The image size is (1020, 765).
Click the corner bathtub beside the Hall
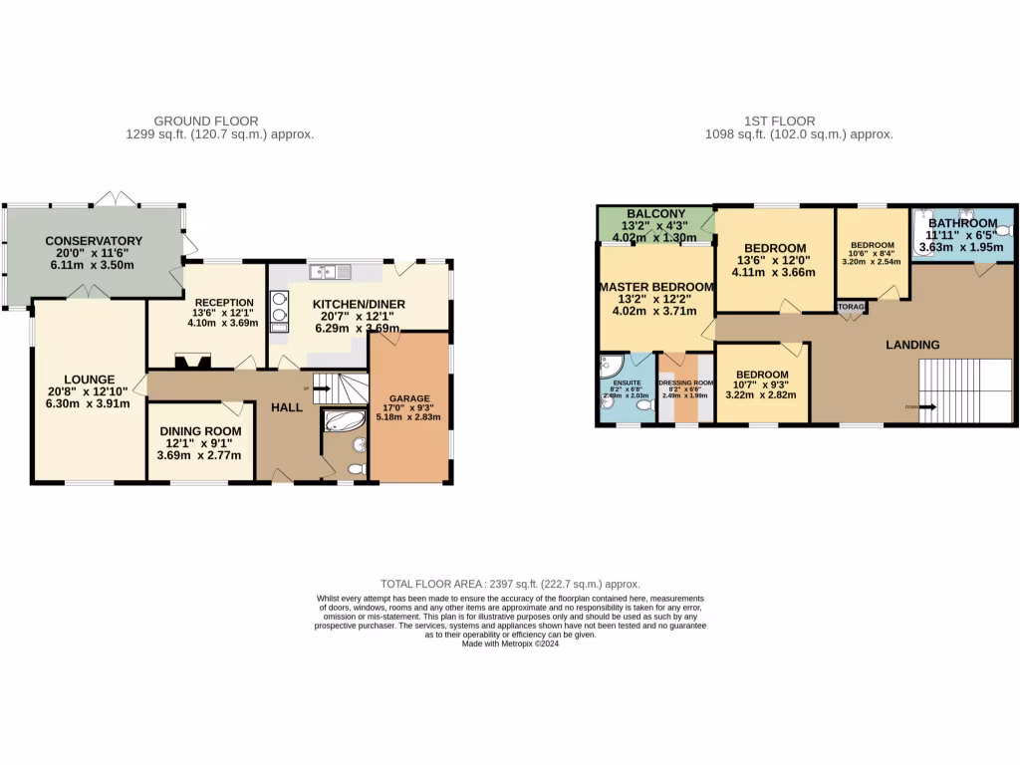[x=344, y=420]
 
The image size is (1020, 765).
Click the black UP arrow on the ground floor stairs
[x=321, y=389]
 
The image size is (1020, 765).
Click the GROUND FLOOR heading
[x=220, y=122]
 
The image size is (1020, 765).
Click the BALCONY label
[x=655, y=213]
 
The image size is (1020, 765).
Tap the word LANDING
[x=912, y=345]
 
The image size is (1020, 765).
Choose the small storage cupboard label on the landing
[x=850, y=308]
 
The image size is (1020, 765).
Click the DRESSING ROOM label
[x=685, y=382]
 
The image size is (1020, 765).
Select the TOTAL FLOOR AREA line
[x=510, y=584]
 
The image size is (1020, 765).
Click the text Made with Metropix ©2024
[x=510, y=643]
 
